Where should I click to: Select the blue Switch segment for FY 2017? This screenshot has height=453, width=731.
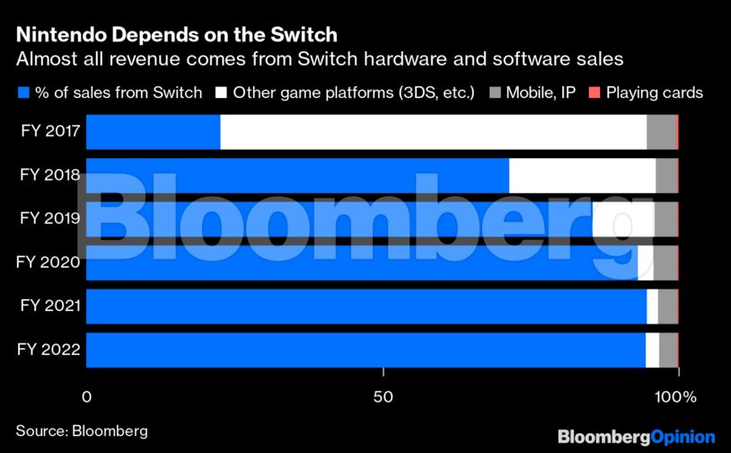click(153, 132)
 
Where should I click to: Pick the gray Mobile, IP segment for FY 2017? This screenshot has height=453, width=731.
click(660, 132)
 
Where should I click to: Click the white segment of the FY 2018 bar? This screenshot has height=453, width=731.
click(582, 175)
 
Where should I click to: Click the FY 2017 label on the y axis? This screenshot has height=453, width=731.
click(50, 132)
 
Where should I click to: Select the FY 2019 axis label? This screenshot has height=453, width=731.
click(50, 218)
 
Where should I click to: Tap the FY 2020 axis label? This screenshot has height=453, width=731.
click(50, 262)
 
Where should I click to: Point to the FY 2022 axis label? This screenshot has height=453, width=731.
click(50, 350)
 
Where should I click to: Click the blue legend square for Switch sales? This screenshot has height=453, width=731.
click(22, 93)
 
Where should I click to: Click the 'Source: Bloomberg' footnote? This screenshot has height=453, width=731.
click(82, 430)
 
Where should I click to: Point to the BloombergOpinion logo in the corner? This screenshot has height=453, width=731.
click(636, 436)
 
